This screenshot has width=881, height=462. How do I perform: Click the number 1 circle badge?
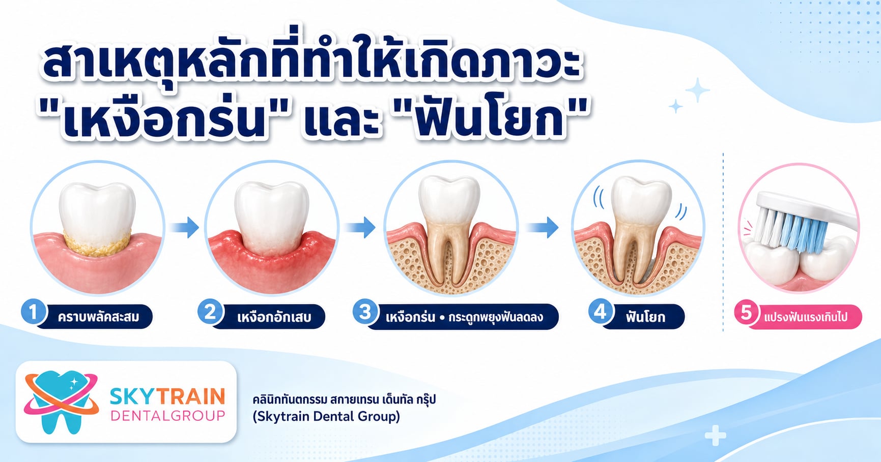34,312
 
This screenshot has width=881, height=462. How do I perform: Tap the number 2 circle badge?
210,312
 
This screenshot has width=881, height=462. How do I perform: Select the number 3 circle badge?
365,312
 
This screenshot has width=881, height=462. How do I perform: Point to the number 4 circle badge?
601,312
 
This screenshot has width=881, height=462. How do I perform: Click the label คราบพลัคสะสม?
98,317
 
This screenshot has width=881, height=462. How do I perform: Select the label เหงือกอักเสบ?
274,317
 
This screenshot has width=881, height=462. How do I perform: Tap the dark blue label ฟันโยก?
645,317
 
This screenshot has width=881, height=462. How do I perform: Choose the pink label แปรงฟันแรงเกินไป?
806,317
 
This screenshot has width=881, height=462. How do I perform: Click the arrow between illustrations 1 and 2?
184,227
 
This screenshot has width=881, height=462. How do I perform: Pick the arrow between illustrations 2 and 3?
360,227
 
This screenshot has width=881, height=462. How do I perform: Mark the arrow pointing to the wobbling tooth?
543,227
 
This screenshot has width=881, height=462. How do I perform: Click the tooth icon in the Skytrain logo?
62,402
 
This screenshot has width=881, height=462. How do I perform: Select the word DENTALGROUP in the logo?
167,416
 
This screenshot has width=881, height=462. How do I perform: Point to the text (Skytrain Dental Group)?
326,417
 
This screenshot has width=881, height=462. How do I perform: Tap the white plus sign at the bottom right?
715,436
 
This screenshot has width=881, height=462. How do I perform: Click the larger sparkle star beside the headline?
697,91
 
